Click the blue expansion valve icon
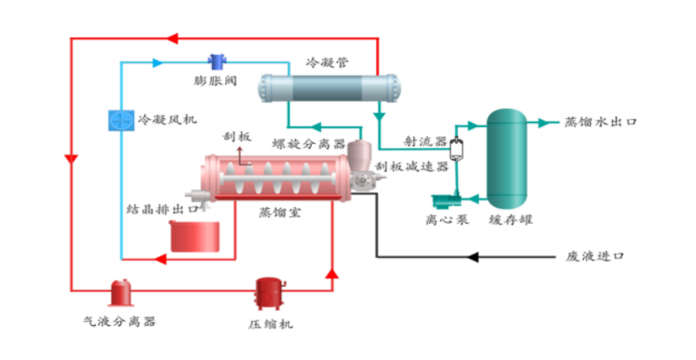[219, 61]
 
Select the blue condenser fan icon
[118, 120]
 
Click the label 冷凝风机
[167, 120]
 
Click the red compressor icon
[269, 293]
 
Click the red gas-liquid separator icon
[122, 292]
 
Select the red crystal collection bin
[195, 235]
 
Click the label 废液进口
[595, 257]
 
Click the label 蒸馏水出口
[601, 122]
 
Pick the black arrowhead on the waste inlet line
[472, 257]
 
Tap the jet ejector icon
[456, 150]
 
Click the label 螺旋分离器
[309, 144]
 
